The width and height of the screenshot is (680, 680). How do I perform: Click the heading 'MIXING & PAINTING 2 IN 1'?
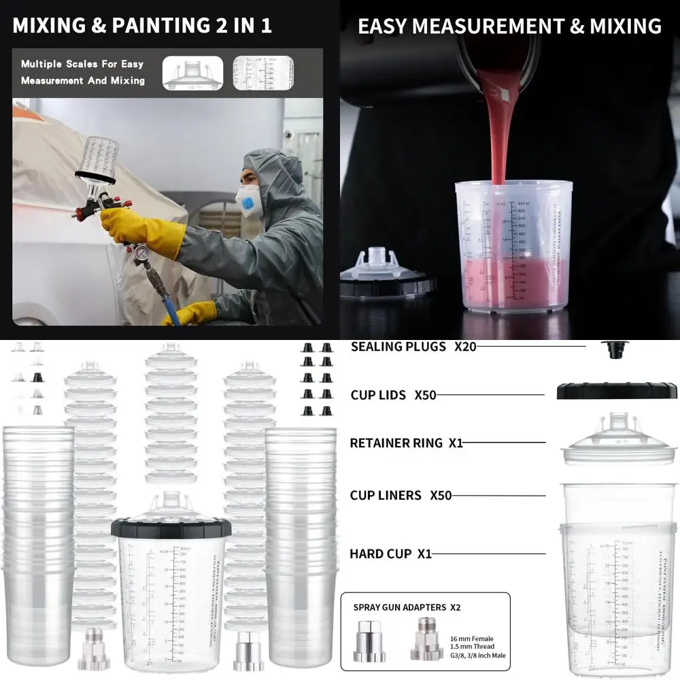pos(142,26)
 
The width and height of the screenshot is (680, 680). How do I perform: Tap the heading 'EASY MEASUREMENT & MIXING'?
pos(509,26)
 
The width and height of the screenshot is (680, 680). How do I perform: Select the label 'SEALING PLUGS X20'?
pos(413,347)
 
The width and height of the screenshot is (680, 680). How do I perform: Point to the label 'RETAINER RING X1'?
pos(406,443)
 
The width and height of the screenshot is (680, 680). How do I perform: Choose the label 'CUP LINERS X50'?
pos(401,496)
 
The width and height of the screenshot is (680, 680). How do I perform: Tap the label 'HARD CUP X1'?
pos(390,554)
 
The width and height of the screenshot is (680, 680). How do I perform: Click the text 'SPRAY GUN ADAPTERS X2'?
pos(407,607)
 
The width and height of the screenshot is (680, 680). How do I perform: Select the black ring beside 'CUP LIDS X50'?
pos(615,392)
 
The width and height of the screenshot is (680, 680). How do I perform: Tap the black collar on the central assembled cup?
pos(171,528)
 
